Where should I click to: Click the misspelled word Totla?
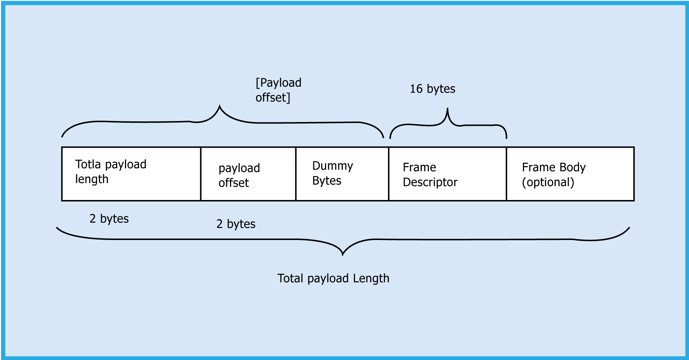click(x=88, y=164)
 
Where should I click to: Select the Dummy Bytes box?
click(x=342, y=174)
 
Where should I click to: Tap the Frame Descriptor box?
click(x=447, y=174)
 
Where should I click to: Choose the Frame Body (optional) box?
click(x=570, y=174)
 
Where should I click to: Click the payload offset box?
click(x=248, y=174)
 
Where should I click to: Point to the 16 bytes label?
click(x=432, y=89)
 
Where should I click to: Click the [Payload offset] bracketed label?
click(x=278, y=90)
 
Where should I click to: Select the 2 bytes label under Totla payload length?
click(x=109, y=219)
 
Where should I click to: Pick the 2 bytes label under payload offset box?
click(x=236, y=224)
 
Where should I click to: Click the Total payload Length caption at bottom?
click(x=333, y=278)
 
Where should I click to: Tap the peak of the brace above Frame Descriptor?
click(x=447, y=109)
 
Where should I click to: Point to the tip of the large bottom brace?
click(x=342, y=255)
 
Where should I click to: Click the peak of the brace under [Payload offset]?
click(x=219, y=106)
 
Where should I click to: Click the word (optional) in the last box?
click(x=548, y=182)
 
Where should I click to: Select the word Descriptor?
click(x=430, y=182)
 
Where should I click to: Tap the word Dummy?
click(x=333, y=166)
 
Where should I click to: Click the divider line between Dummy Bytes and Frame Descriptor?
click(x=389, y=174)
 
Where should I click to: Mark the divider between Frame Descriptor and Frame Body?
click(x=506, y=174)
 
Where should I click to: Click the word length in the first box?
click(x=92, y=179)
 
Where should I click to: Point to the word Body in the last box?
click(x=572, y=167)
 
